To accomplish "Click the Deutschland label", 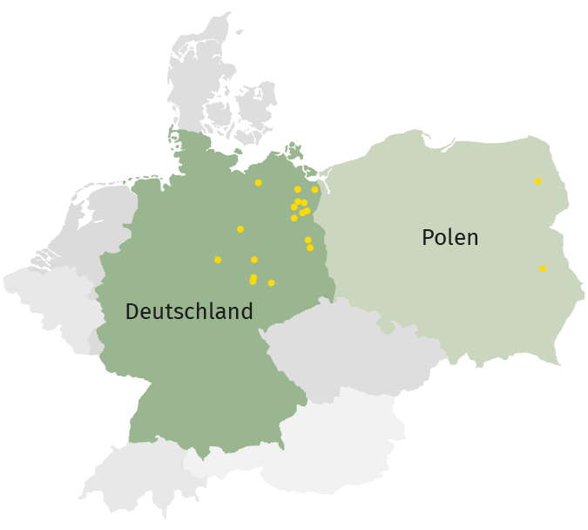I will [189, 311].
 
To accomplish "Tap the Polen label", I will [449, 237].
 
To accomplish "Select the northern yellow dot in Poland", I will [537, 181].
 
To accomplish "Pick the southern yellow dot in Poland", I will [543, 268].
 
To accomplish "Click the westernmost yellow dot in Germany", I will [218, 260].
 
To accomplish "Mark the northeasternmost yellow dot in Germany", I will [315, 189].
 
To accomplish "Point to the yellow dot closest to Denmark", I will [259, 183].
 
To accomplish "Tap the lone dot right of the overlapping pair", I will [271, 283].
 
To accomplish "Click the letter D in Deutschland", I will [132, 311].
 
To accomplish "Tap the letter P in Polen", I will [428, 237].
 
